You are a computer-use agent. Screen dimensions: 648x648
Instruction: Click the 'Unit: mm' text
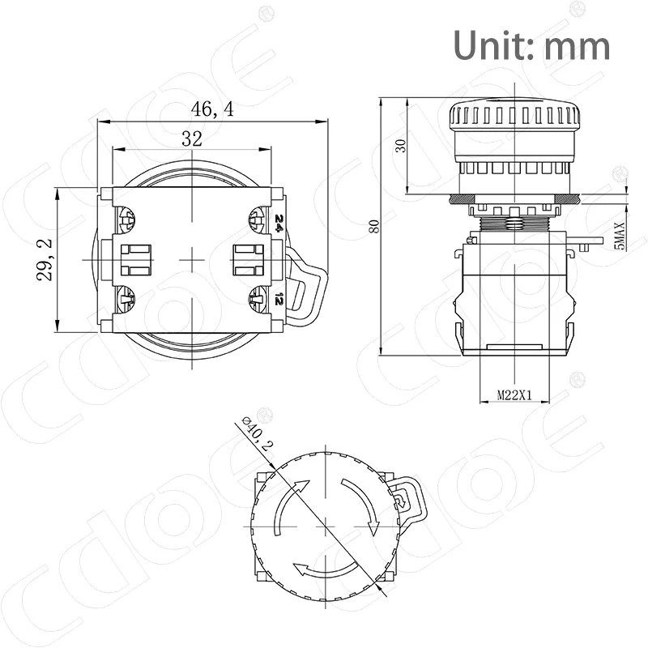(531, 45)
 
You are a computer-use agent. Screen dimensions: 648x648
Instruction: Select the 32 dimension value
(191, 139)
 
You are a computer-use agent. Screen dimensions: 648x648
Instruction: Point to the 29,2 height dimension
(45, 259)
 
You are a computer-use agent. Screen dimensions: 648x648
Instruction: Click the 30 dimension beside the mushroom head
(399, 146)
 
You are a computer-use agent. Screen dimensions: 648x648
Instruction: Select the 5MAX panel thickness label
(620, 235)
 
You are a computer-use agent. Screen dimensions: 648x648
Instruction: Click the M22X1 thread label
(514, 396)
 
